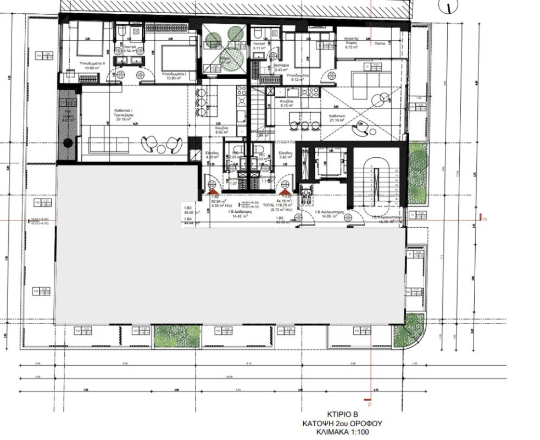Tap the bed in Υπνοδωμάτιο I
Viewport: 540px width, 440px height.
(176, 57)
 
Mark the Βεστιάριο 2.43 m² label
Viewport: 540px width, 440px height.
(282, 68)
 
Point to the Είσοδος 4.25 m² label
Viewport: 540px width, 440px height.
(212, 155)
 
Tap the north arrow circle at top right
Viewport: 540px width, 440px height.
(450, 7)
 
